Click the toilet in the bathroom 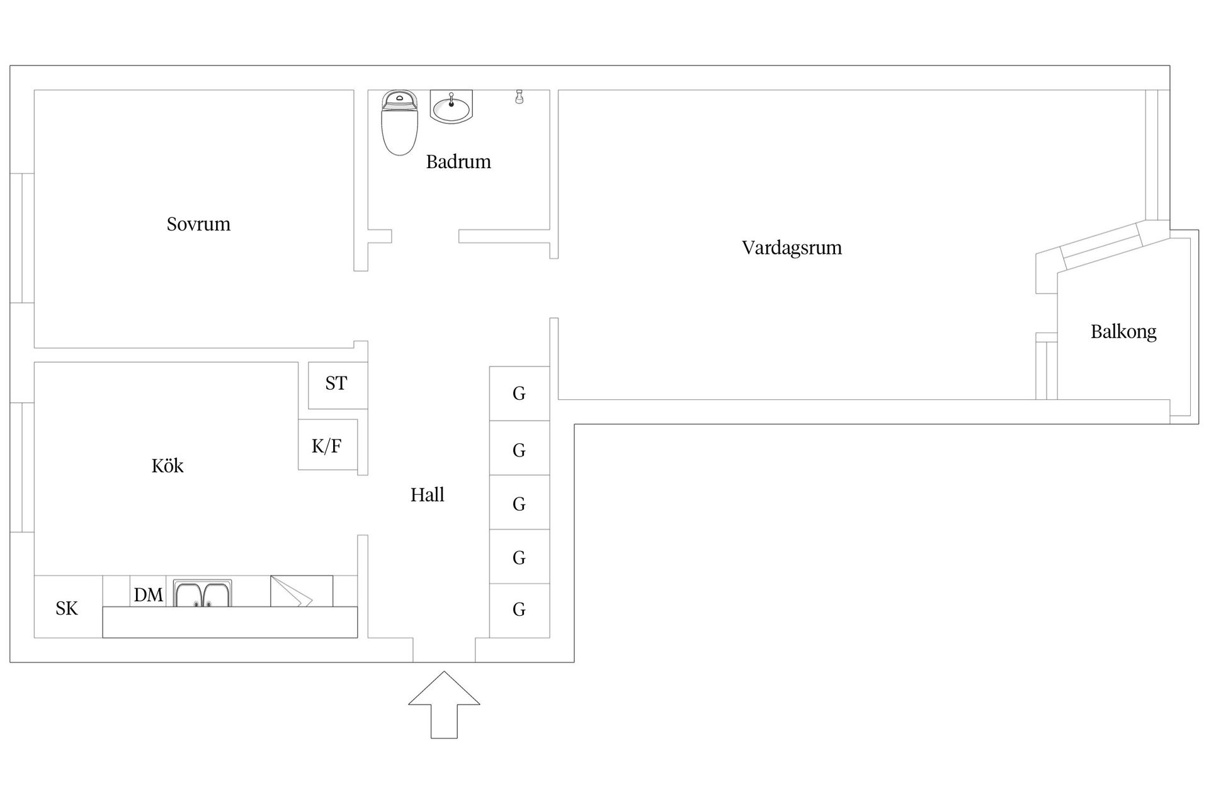399,123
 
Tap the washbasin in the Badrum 451,107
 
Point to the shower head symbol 519,96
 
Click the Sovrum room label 198,224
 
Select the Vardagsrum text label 792,247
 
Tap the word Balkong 1123,332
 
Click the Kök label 167,466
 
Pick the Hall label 427,495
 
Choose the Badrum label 458,162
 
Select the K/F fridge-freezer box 327,445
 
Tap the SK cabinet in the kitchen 67,607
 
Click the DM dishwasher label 148,594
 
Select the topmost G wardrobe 519,394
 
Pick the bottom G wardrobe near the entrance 519,610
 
